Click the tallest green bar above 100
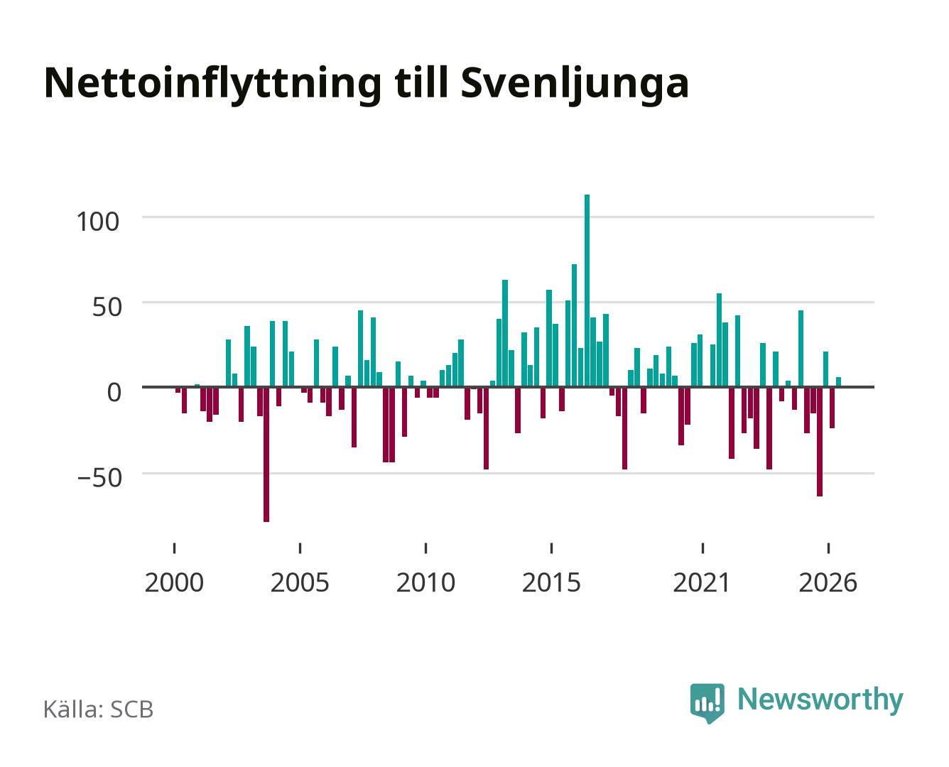point(587,290)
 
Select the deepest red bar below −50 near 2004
point(266,455)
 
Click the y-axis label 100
point(98,222)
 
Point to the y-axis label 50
point(107,307)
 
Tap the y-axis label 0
point(114,392)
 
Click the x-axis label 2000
point(174,582)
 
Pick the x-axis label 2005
point(300,582)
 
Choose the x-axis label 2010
point(425,582)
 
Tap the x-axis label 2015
point(551,582)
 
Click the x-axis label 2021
point(702,582)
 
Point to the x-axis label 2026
point(828,582)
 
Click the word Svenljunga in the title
point(575,85)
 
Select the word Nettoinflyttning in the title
point(212,85)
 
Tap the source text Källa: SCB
point(99,709)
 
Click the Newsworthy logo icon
point(707,703)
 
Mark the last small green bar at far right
point(838,381)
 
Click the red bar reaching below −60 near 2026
point(819,442)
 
